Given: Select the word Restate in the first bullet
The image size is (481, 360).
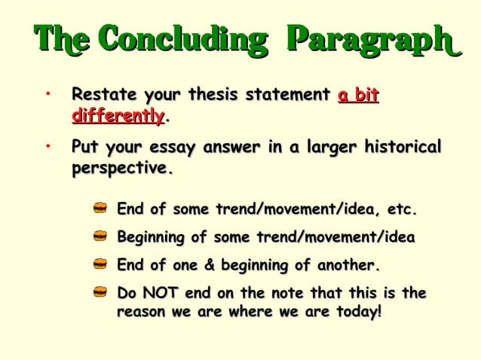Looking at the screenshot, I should (103, 96).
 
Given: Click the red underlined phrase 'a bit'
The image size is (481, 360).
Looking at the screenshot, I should (358, 96).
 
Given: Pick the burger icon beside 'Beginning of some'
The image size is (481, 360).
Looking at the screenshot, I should (100, 236).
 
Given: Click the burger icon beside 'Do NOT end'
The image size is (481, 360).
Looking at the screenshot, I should (100, 292).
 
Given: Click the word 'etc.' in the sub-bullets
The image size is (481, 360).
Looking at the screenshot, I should (400, 209).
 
